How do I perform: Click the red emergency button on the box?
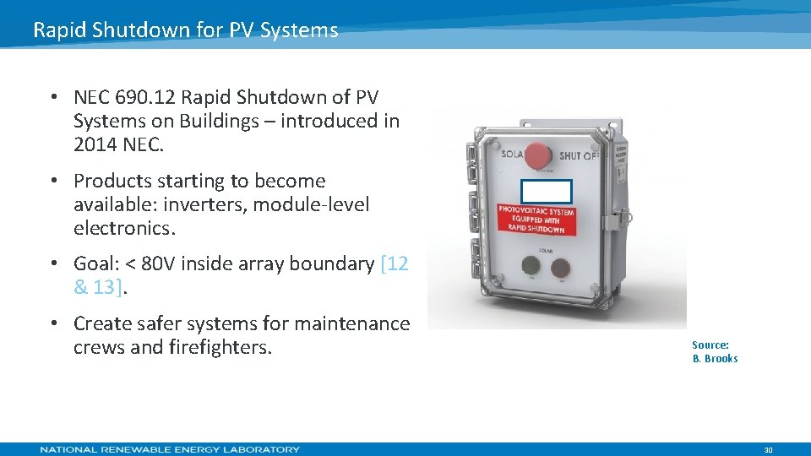click(x=537, y=155)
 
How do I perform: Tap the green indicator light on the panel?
click(x=531, y=266)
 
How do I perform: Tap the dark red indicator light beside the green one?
click(x=560, y=267)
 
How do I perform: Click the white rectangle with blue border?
click(x=546, y=192)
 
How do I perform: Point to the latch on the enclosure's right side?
click(x=615, y=221)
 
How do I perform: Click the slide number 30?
click(x=768, y=450)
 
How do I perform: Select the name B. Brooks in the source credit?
click(x=715, y=359)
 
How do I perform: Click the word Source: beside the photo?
click(x=710, y=345)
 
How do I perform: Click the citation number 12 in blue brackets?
click(x=399, y=263)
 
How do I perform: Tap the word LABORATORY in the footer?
click(x=259, y=449)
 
